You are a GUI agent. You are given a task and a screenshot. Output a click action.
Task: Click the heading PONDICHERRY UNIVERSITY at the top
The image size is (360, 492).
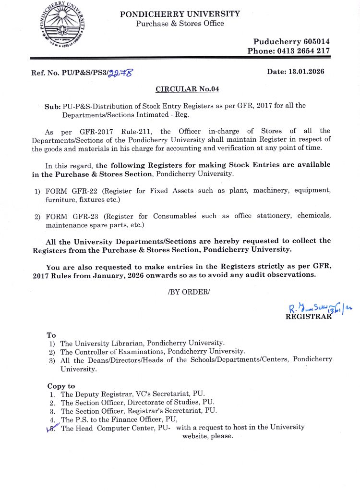coord(180,14)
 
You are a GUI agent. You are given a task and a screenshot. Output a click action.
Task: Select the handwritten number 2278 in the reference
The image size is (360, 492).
coord(120,73)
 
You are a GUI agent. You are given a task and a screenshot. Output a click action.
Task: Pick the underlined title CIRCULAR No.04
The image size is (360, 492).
coord(187,89)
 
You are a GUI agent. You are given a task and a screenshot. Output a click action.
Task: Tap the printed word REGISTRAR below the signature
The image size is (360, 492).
coord(308,317)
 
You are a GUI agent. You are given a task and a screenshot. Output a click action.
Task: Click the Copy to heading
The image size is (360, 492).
coord(61,386)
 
